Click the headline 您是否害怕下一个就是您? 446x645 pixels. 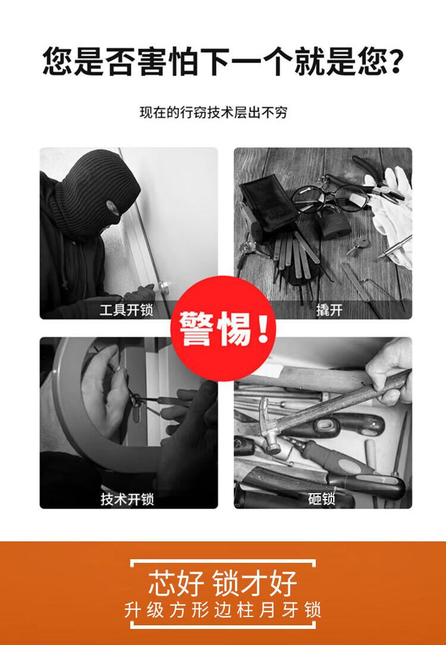pyautogui.click(x=222, y=61)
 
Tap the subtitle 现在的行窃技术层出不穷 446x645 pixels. pyautogui.click(x=213, y=113)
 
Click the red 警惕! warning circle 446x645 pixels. pyautogui.click(x=223, y=328)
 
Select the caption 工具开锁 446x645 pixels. pyautogui.click(x=127, y=309)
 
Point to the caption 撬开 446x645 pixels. pyautogui.click(x=329, y=309)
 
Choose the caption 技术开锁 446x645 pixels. pyautogui.click(x=127, y=498)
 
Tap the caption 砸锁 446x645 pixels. pyautogui.click(x=322, y=498)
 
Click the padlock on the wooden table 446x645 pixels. pyautogui.click(x=334, y=222)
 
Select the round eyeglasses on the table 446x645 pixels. pyautogui.click(x=328, y=198)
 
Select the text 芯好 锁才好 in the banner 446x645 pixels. pyautogui.click(x=222, y=583)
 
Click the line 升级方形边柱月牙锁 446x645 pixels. pyautogui.click(x=222, y=610)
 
